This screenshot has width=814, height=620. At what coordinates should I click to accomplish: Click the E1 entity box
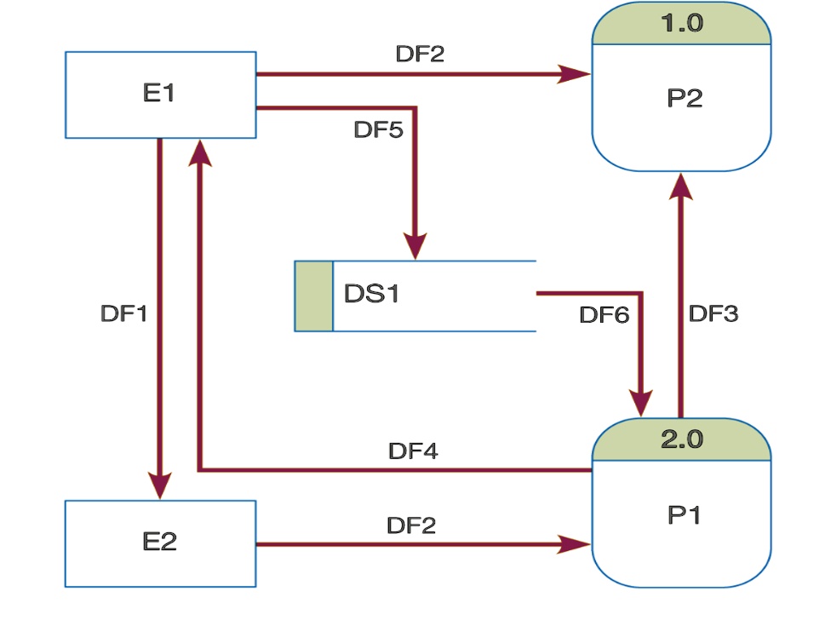[x=160, y=95]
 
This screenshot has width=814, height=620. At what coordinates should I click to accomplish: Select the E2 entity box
[x=160, y=542]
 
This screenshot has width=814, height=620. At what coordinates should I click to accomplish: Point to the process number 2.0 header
[x=681, y=440]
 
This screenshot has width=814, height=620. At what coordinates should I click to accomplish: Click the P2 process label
[x=684, y=99]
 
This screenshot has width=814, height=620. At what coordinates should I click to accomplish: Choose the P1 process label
[x=684, y=515]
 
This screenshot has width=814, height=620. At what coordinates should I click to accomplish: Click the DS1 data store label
[x=371, y=294]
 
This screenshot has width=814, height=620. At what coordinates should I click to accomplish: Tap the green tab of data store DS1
[x=313, y=296]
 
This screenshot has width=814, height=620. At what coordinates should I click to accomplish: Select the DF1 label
[x=124, y=313]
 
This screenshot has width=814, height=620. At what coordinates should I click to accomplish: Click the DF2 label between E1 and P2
[x=420, y=54]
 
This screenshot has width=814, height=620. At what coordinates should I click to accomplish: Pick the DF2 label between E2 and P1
[x=411, y=525]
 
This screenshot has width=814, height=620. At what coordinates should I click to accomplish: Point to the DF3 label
[x=713, y=313]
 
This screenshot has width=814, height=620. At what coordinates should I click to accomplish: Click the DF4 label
[x=413, y=451]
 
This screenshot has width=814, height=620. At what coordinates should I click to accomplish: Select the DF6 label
[x=604, y=315]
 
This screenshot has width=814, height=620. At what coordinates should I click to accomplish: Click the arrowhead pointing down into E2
[x=159, y=485]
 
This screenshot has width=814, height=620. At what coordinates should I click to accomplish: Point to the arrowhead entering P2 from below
[x=680, y=185]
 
